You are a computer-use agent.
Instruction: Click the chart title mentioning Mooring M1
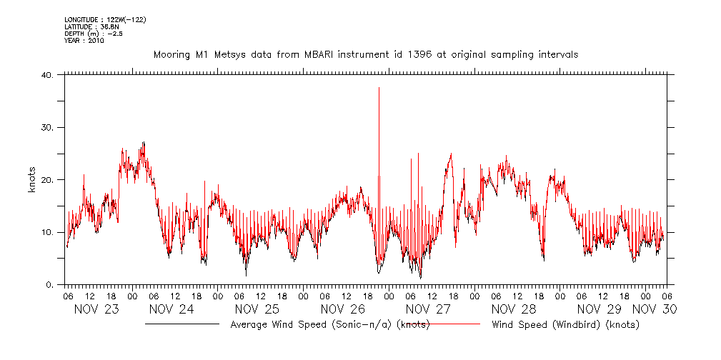tap(366, 54)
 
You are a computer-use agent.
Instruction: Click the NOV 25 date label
tap(257, 309)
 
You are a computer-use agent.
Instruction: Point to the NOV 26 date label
tap(342, 309)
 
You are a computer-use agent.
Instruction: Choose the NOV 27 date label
tap(428, 309)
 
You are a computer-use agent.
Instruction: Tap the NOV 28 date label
tap(514, 309)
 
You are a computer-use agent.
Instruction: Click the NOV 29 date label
tap(600, 309)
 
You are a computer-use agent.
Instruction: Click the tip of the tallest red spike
tap(379, 88)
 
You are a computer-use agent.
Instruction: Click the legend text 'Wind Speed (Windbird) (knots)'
tap(565, 324)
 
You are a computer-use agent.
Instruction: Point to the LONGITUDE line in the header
tap(105, 19)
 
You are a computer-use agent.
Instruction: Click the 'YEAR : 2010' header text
tap(84, 41)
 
